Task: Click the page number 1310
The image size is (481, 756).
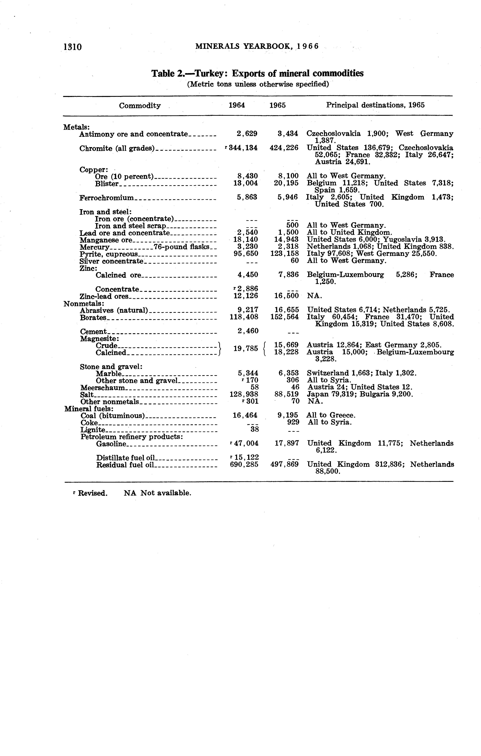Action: [72, 47]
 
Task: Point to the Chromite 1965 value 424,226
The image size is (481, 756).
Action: [284, 148]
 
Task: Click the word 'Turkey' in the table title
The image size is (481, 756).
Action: [212, 74]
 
